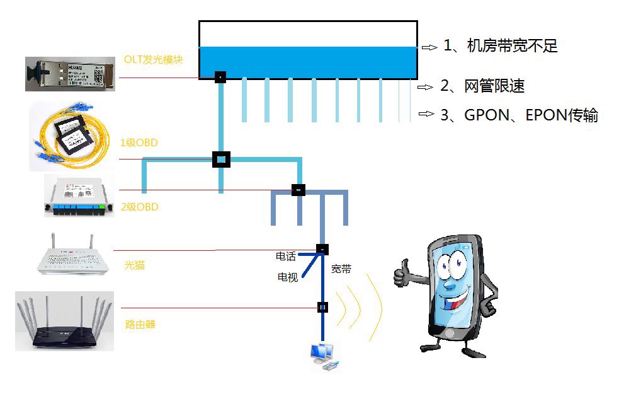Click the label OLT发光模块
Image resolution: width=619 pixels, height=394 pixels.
[154, 61]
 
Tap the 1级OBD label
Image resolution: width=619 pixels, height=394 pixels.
[139, 143]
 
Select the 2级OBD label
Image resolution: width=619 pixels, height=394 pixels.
[139, 207]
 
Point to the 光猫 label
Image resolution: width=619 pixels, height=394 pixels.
[135, 265]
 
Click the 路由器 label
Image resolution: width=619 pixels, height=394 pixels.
[140, 325]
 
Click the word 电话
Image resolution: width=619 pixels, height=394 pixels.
[286, 256]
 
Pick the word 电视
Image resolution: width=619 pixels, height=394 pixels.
[288, 277]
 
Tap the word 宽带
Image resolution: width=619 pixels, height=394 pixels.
[341, 269]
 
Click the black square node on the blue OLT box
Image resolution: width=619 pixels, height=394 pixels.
[220, 77]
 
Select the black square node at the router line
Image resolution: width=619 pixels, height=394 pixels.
[322, 308]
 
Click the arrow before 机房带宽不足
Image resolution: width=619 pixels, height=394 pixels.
[429, 47]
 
